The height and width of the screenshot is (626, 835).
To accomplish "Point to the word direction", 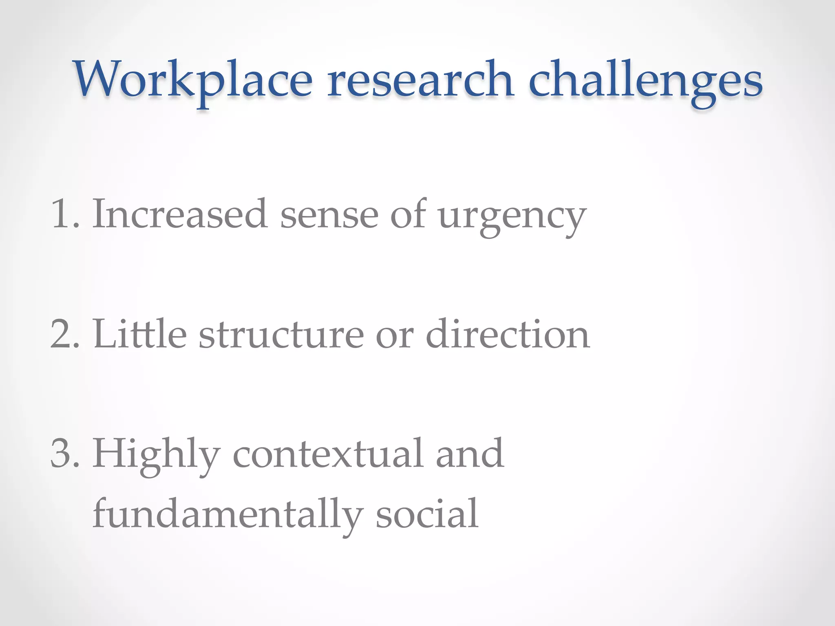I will click(508, 334).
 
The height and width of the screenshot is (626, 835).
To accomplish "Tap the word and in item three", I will click(470, 453).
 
